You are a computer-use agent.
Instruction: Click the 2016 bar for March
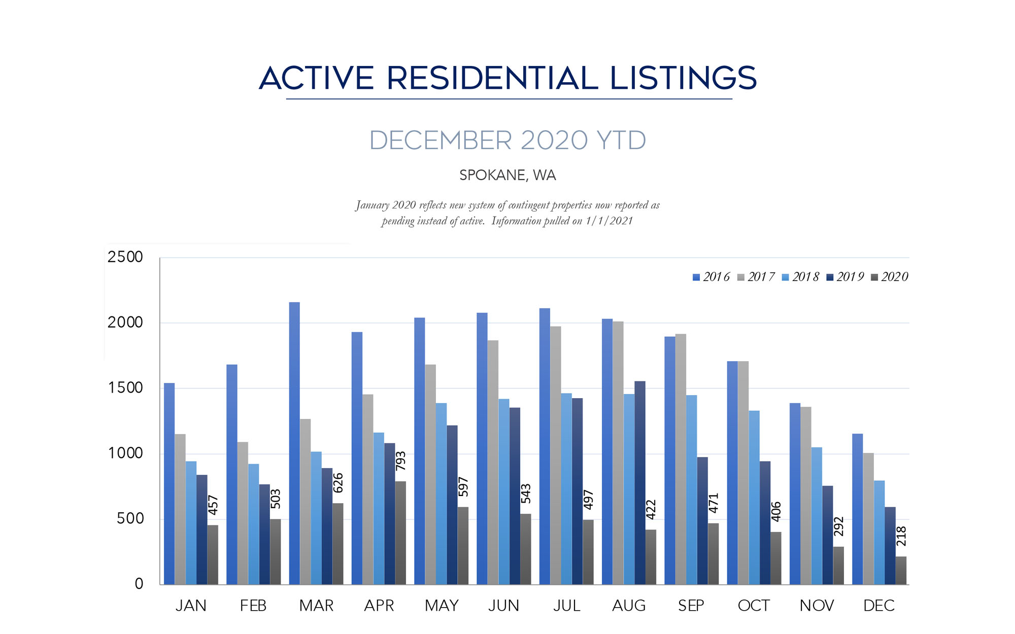pos(294,444)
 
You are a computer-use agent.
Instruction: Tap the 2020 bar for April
pos(400,533)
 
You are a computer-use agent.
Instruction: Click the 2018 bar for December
pos(879,533)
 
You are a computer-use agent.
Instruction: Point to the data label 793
pos(400,461)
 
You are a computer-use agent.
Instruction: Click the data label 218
pos(901,536)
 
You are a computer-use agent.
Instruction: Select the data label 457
pos(213,505)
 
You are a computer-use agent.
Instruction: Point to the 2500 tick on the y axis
pos(125,257)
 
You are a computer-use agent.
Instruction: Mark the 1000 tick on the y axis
pos(125,453)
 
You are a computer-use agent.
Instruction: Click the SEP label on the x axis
pos(691,606)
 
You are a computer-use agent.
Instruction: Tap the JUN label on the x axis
pos(503,606)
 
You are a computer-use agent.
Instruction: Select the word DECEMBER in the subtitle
pos(441,140)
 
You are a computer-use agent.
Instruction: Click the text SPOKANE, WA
pos(507,175)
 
